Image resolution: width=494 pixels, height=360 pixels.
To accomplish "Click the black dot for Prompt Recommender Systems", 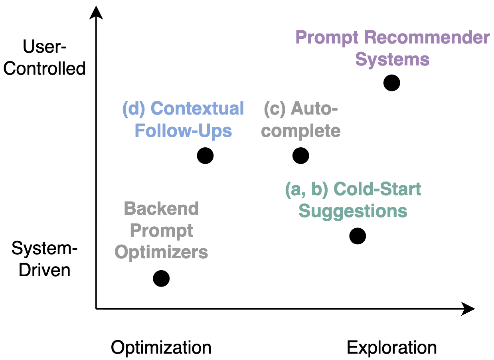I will tap(391, 83).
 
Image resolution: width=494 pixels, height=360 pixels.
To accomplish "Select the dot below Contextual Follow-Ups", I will tap(205, 156).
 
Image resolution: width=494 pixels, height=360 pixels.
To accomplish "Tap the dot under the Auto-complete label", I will tap(300, 156).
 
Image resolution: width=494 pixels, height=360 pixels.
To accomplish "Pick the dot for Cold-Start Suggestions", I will tap(358, 236).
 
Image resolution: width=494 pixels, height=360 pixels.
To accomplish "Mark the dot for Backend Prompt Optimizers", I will tap(161, 279).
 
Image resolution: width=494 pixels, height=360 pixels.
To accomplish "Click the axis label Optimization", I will tap(161, 348).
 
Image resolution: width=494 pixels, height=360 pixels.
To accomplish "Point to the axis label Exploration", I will tap(391, 348).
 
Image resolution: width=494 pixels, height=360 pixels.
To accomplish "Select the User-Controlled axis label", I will tap(45, 58).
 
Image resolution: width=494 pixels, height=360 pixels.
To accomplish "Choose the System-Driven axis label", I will tap(45, 259).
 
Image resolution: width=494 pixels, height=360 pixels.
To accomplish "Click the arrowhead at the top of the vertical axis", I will tap(96, 12).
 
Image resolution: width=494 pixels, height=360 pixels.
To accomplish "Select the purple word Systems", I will tap(392, 59).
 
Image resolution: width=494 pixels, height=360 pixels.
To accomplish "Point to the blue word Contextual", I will tap(198, 109).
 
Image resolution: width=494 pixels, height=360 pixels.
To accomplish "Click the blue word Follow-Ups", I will tap(183, 131).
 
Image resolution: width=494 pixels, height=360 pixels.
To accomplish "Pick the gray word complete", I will tap(301, 131).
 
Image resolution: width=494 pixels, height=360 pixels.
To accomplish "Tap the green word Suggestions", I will tap(353, 211).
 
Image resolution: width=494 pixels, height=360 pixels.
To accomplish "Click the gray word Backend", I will tap(161, 209).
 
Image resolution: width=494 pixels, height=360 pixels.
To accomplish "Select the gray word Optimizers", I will tap(161, 252).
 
